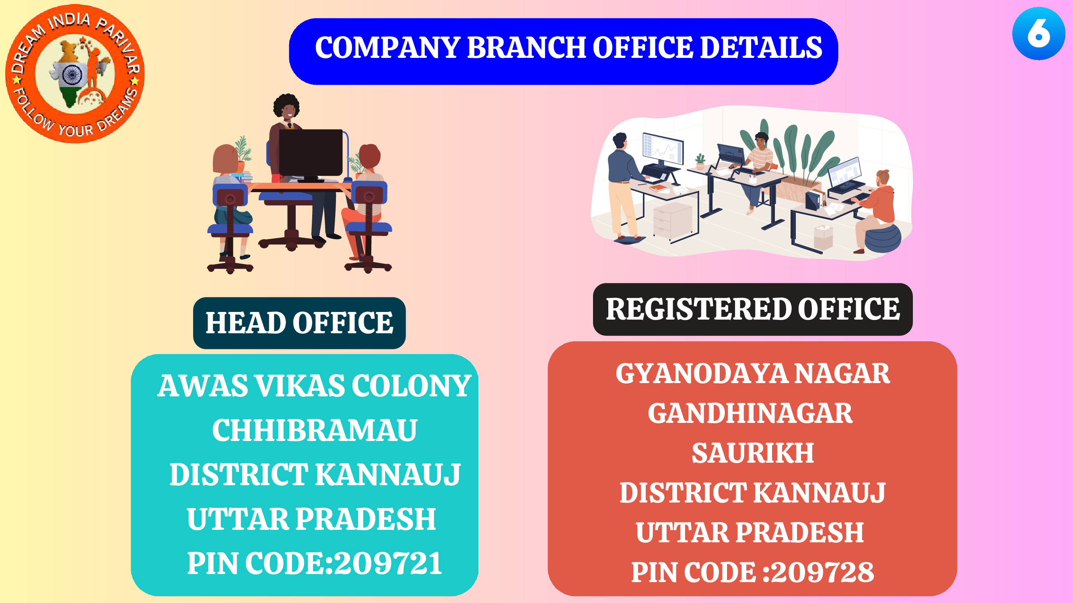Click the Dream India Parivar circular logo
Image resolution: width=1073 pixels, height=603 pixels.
click(75, 74)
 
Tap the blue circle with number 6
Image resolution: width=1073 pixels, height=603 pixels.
click(1038, 33)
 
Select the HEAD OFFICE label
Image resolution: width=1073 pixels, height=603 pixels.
click(299, 323)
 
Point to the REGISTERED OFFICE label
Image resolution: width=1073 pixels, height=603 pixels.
click(753, 309)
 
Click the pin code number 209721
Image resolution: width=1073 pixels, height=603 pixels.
click(388, 564)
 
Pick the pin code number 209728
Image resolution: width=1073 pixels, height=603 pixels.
click(823, 572)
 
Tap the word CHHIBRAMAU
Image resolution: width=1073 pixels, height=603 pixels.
click(315, 430)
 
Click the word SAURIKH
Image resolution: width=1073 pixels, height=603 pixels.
click(753, 453)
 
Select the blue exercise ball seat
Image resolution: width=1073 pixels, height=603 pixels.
click(883, 238)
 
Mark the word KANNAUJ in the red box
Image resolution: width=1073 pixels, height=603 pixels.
click(819, 493)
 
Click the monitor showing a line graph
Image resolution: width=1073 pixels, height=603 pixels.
click(663, 149)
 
